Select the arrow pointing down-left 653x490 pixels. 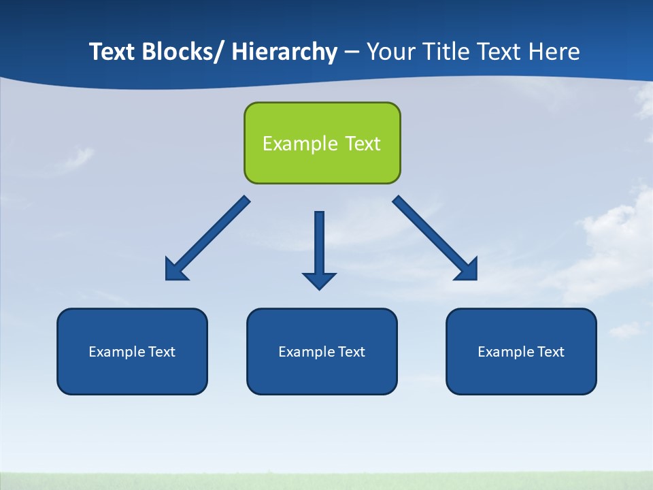(x=207, y=238)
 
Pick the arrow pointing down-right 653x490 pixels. (x=435, y=238)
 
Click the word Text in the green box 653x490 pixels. (x=363, y=144)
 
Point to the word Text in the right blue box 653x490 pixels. (x=551, y=352)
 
